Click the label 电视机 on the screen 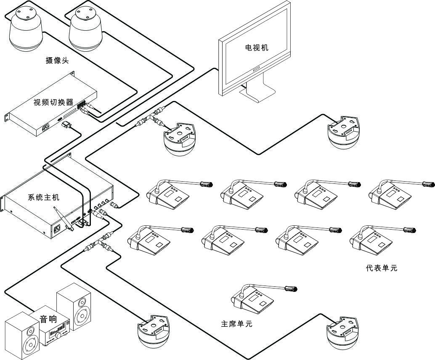point(257,48)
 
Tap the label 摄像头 point(57,61)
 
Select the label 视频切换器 point(53,102)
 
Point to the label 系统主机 point(44,197)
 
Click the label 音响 point(48,319)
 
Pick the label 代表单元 point(382,268)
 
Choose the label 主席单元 point(236,324)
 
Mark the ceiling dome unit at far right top point(344,133)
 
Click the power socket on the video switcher point(46,127)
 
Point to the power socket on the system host point(56,229)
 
